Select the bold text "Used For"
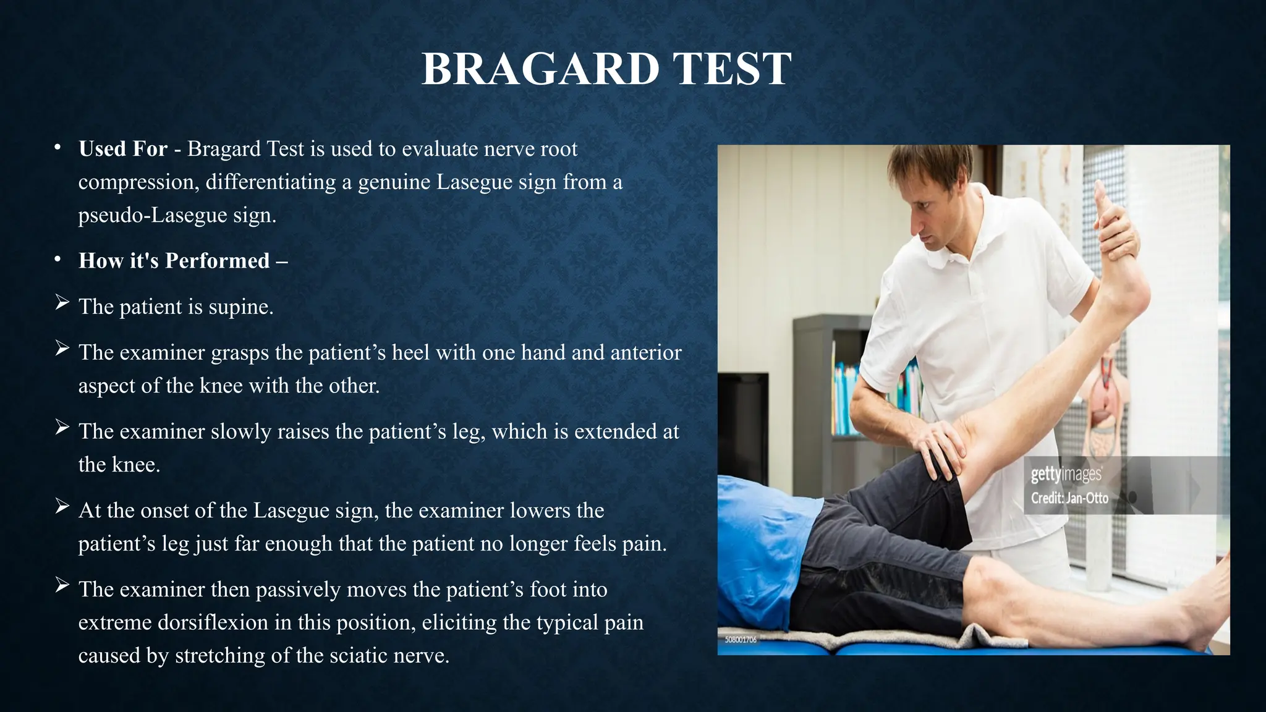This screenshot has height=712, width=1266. (122, 149)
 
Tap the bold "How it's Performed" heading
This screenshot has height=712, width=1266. (174, 261)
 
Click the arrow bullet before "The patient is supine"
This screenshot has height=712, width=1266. (61, 303)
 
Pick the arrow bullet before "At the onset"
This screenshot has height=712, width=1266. (61, 506)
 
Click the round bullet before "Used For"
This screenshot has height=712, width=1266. (57, 148)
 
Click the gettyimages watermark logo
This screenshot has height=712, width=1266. (1066, 475)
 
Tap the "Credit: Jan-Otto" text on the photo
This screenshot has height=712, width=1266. (1069, 498)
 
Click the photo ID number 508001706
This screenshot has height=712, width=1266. (741, 640)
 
